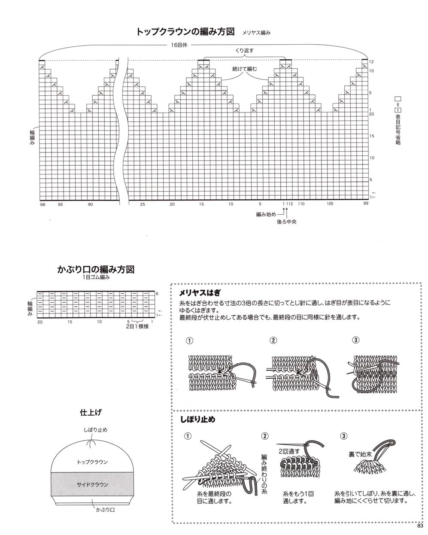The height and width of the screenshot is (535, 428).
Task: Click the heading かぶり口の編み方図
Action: [x=96, y=270]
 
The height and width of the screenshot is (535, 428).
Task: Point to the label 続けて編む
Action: [x=244, y=68]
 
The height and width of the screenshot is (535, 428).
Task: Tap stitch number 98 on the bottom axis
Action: [x=42, y=204]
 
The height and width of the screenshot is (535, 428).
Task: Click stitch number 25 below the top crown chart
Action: [x=143, y=204]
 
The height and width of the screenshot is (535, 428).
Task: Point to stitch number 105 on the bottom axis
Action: [x=330, y=204]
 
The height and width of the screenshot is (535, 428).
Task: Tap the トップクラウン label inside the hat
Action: [x=92, y=462]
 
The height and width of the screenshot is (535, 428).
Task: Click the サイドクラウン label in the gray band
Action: [x=92, y=485]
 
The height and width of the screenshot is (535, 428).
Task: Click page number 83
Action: [x=420, y=527]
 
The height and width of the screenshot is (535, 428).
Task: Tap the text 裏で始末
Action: [x=360, y=453]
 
